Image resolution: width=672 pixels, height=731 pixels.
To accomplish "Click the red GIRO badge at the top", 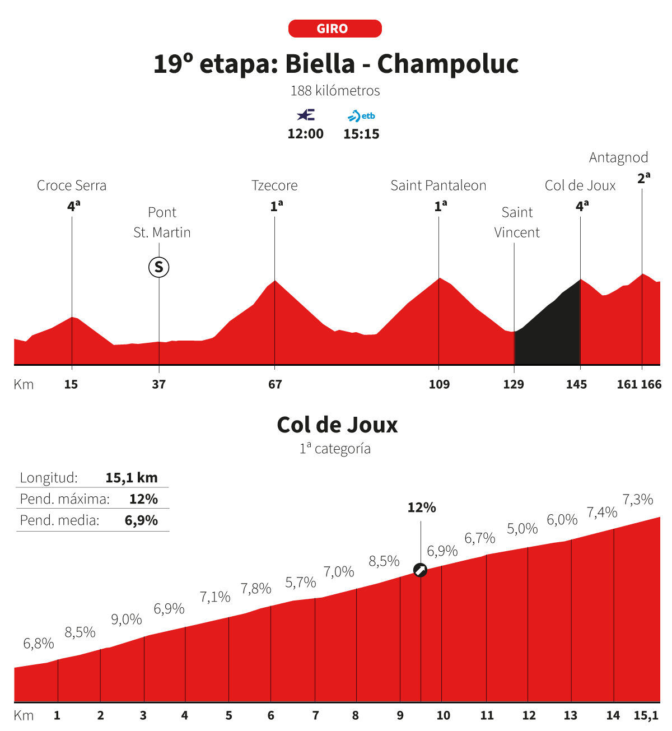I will pos(335,29).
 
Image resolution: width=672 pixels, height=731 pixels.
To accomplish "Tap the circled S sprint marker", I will pos(158,267).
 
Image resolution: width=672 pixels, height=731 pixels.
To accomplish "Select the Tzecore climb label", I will pos(274,185).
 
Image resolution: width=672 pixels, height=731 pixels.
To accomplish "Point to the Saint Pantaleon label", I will pos(438,185).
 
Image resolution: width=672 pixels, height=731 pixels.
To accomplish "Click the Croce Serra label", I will pos(72,185).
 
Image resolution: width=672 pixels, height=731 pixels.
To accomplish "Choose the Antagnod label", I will pos(618,157).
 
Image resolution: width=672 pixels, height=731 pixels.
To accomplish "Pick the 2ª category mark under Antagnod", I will pos(643,179).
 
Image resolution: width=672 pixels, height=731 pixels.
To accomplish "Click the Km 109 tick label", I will pos(439,384).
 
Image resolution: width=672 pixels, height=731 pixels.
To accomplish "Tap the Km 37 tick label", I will pos(159,384).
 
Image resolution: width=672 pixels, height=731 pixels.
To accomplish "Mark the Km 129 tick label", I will pos(514,384).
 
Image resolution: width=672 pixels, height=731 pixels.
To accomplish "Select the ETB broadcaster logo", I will pos(362,116).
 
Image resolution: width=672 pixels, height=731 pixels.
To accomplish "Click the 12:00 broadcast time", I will pos(305,134).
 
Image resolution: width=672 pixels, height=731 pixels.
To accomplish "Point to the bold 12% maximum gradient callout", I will pos(422,507).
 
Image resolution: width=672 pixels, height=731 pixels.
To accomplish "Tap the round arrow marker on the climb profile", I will pos(420,570).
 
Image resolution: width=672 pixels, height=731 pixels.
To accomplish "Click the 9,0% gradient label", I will pos(127,619).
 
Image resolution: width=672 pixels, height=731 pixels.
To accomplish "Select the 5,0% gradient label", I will pos(522,528).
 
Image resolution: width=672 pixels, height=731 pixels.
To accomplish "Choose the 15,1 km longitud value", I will pos(132,478).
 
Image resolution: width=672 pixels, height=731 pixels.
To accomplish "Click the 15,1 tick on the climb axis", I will pos(646,715).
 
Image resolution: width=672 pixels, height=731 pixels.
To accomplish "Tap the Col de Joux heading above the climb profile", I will pos(337,425).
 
